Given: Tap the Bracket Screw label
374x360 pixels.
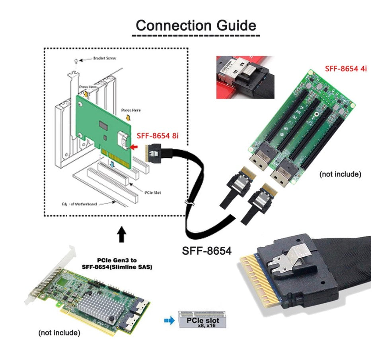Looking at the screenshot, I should tap(104, 58).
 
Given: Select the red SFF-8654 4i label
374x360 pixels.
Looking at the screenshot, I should tap(346, 68).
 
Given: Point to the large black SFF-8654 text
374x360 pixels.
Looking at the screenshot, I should tap(206, 251).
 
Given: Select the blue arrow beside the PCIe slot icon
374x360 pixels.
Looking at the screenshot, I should tap(169, 320).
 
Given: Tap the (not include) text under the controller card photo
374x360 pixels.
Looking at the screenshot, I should tap(59, 332).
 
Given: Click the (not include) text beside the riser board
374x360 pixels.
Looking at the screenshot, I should tap(340, 174).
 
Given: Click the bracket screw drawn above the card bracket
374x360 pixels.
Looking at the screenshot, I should tap(76, 60).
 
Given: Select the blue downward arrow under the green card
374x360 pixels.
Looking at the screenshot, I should tap(112, 164).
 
